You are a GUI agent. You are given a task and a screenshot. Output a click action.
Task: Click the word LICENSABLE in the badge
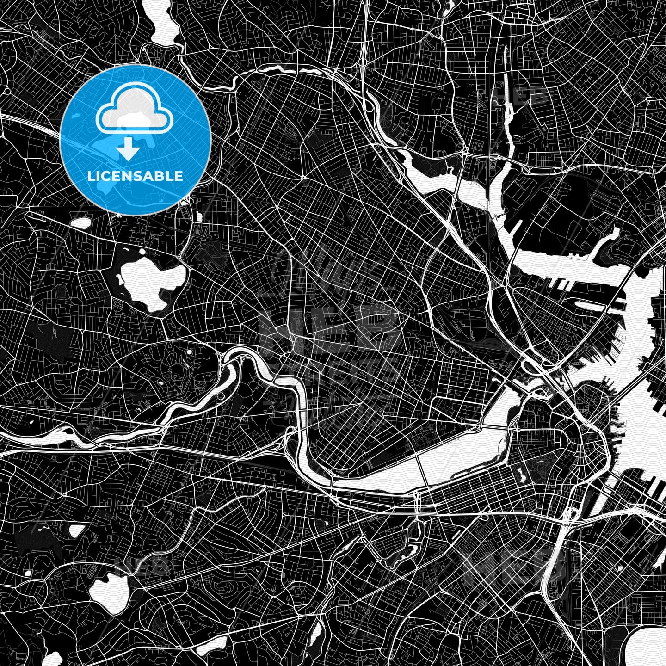(135, 176)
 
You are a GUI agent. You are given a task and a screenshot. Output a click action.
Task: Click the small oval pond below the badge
(81, 223)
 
